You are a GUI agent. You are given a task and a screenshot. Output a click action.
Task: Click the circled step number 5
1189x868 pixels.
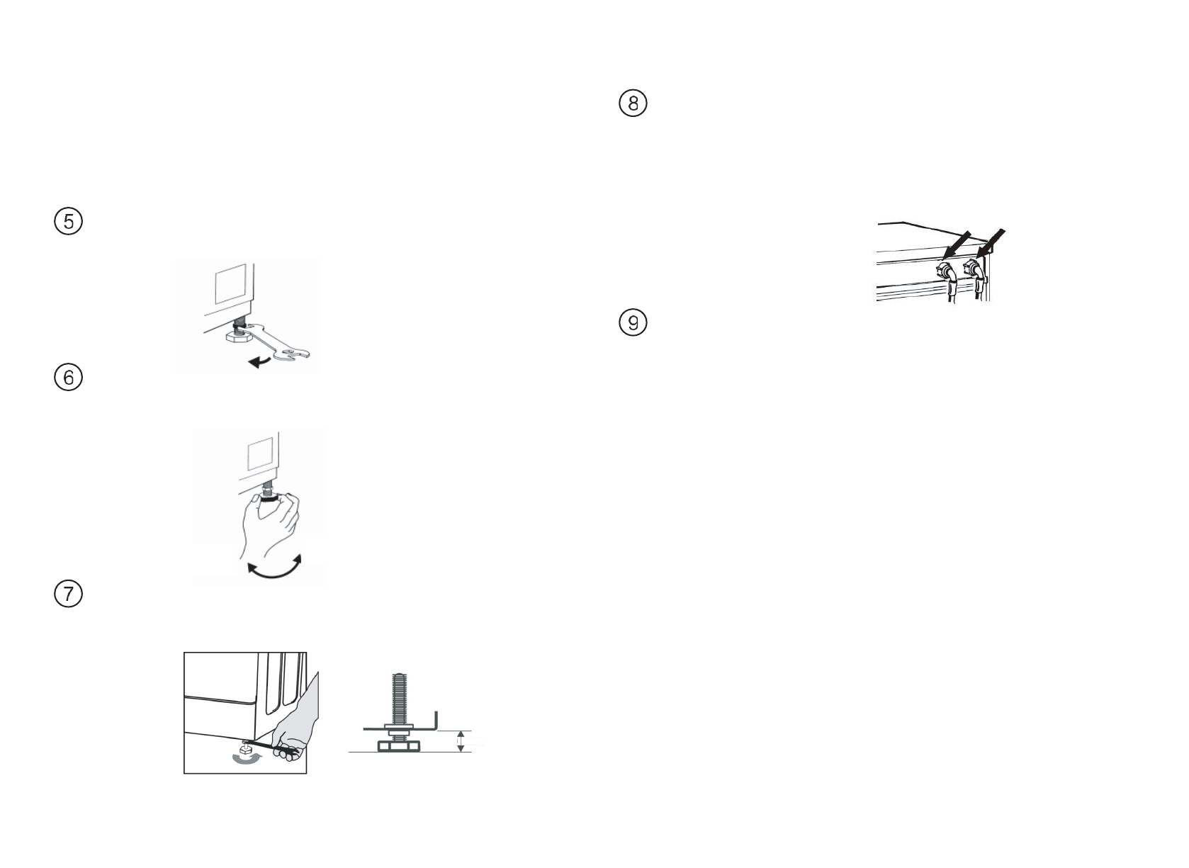[x=69, y=222]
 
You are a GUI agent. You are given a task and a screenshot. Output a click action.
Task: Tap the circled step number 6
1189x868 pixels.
[x=69, y=377]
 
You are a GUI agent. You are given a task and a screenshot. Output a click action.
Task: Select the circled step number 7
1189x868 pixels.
[x=69, y=593]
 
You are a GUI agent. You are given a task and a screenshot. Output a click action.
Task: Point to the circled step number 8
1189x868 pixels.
[x=633, y=103]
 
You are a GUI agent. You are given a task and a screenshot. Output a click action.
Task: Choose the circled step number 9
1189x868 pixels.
[x=633, y=323]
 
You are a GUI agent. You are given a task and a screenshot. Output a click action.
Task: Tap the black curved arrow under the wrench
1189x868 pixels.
[x=259, y=362]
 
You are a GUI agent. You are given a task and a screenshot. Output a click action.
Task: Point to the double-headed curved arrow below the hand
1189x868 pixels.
[x=274, y=569]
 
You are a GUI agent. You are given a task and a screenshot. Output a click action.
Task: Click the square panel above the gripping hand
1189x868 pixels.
[x=259, y=453]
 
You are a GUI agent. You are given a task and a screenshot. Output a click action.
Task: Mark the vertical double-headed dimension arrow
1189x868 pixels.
[x=461, y=741]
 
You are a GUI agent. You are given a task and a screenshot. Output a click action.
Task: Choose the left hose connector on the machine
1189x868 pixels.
[x=945, y=271]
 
